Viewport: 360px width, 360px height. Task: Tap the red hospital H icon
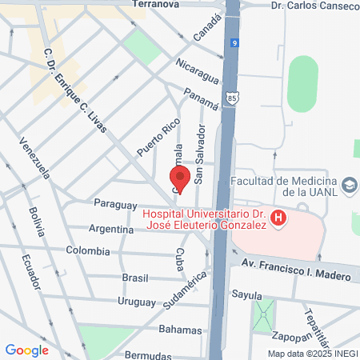click(278, 217)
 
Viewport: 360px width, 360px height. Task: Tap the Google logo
click(26, 350)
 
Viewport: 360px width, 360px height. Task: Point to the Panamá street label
click(201, 98)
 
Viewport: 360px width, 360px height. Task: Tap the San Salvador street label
click(201, 154)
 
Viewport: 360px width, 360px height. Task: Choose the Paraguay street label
click(116, 204)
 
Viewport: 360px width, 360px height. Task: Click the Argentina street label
click(111, 230)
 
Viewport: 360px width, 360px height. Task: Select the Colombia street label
click(88, 250)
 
